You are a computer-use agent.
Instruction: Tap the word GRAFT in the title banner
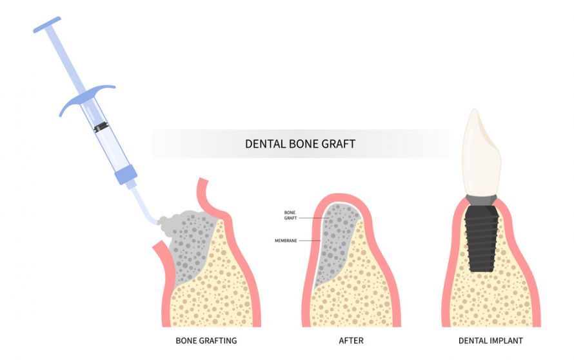[x=338, y=144]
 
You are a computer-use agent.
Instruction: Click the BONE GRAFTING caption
[x=206, y=341]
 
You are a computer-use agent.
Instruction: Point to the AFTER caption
[x=351, y=341]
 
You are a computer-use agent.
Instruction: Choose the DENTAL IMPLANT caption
[x=491, y=341]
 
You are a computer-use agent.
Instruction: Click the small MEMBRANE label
[x=286, y=241]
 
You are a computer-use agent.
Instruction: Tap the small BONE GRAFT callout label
[x=290, y=215]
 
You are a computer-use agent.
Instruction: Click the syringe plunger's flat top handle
[x=47, y=25]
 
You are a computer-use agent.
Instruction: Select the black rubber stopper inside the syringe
[x=101, y=127]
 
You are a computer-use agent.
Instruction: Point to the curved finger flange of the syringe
[x=87, y=98]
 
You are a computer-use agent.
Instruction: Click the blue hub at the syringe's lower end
[x=126, y=174]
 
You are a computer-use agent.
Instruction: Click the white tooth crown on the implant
[x=481, y=152]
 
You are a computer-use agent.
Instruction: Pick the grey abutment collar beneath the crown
[x=481, y=201]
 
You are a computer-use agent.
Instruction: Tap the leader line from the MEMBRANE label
[x=310, y=241]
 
